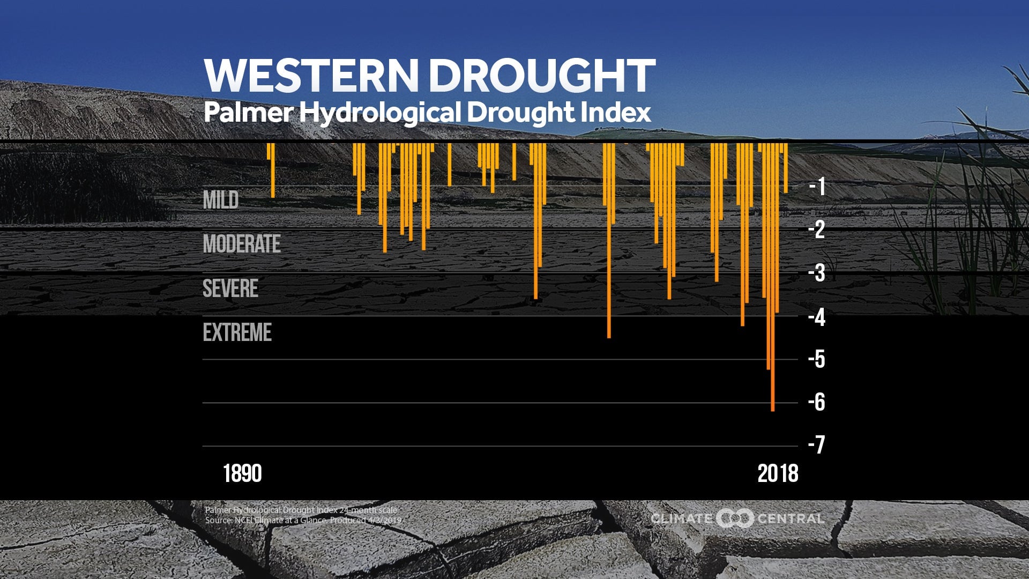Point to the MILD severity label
[221, 200]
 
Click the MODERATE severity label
[242, 244]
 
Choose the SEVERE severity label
[230, 288]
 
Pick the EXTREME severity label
[237, 332]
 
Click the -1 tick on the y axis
[817, 187]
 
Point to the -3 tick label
[817, 273]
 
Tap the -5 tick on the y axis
[817, 359]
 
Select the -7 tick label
[817, 445]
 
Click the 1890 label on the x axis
[242, 474]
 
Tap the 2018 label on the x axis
[778, 474]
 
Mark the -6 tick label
[817, 402]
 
